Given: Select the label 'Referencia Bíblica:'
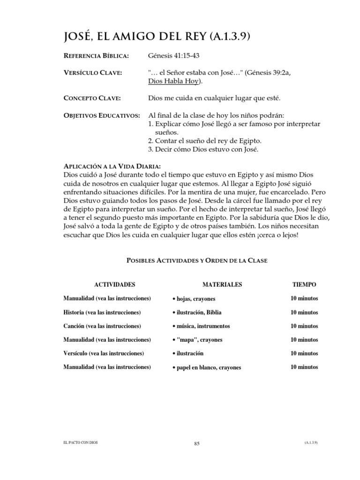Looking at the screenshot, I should coord(96,56).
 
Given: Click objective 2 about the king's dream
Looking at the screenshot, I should coord(204,141).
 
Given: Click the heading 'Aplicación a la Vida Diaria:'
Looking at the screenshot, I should coord(112,166).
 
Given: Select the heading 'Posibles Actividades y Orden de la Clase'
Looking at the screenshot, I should coord(196,261).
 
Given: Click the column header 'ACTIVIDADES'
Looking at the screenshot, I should coord(115,285).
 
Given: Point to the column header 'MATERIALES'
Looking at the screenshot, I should coord(222,285).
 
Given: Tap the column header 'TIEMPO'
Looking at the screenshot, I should coord(304,285).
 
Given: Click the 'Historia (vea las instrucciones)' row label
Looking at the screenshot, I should coord(102,312).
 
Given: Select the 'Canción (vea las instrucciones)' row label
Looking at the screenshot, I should coord(102,326).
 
